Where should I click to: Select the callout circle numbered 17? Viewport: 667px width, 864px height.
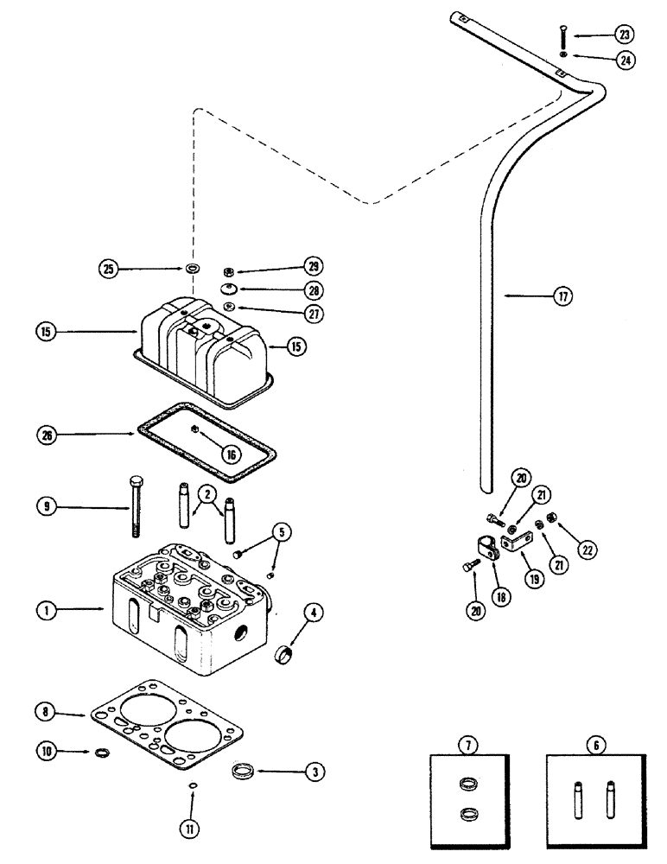coord(564,295)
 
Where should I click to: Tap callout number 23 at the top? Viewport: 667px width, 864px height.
coord(624,35)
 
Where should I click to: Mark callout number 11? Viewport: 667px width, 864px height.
coord(192,828)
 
